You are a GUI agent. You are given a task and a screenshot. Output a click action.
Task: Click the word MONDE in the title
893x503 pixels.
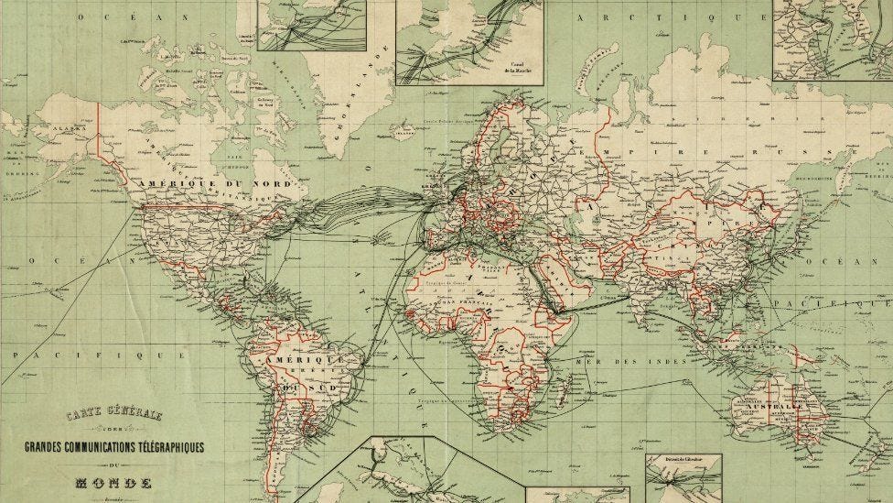point(113,482)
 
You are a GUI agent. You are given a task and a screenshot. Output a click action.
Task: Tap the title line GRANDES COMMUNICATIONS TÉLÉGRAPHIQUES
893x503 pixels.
point(113,447)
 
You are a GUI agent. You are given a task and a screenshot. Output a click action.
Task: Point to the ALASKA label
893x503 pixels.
point(69,129)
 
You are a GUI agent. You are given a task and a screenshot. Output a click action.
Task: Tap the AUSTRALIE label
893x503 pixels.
point(779,405)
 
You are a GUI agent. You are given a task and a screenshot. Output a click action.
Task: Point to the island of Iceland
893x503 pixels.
point(403,130)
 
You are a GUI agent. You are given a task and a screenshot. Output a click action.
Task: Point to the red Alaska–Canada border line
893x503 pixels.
point(99,137)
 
